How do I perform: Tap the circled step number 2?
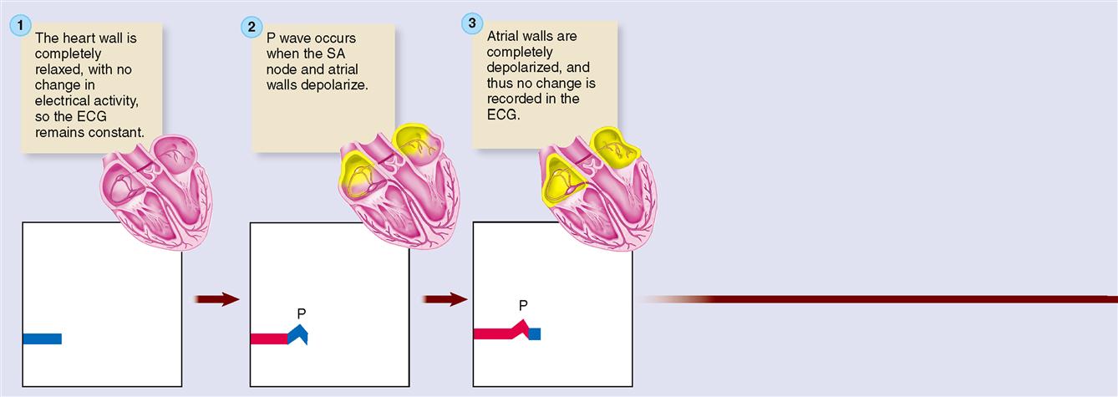(252, 27)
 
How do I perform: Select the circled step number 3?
(472, 23)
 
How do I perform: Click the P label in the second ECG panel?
(302, 313)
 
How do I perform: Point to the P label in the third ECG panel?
(523, 306)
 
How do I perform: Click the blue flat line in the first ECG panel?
(42, 338)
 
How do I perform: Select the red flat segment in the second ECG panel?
(268, 338)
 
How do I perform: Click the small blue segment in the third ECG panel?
(535, 333)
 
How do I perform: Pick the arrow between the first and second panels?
(216, 299)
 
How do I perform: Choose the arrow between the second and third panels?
(445, 299)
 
